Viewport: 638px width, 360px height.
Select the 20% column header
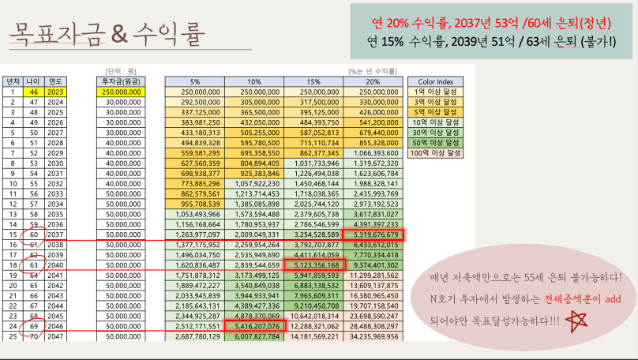coord(372,81)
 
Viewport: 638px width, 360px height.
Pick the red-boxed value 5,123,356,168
coord(313,266)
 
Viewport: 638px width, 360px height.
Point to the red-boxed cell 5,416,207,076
coord(253,324)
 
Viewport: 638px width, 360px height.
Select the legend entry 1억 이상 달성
coord(433,92)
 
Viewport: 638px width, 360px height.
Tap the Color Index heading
coord(433,81)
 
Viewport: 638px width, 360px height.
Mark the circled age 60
coord(34,234)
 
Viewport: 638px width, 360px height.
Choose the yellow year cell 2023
coord(55,92)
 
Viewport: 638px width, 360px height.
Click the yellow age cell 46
coord(34,92)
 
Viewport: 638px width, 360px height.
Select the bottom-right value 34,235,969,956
coord(372,336)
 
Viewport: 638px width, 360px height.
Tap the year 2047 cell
coord(55,336)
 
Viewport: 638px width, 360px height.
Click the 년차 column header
coord(13,81)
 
